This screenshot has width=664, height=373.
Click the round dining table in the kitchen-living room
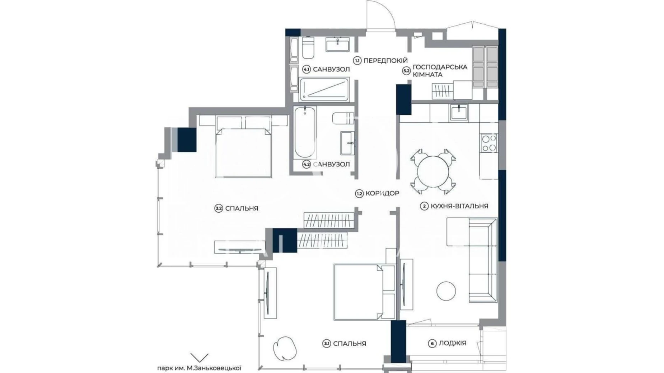tap(433, 171)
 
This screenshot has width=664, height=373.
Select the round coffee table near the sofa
tap(446, 290)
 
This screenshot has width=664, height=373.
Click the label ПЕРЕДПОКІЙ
tap(385, 61)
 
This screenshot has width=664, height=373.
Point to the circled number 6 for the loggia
tap(432, 343)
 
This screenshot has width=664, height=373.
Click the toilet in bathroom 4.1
tap(308, 48)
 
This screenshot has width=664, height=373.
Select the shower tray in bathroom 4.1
tap(324, 89)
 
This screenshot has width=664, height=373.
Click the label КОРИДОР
tap(382, 193)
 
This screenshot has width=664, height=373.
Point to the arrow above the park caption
tap(199, 357)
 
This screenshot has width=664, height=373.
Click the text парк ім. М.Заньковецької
tap(199, 368)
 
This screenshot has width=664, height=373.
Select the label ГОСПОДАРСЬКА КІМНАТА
tap(440, 71)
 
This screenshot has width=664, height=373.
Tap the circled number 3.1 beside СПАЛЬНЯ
tap(326, 344)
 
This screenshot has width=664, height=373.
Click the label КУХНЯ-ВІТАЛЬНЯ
tap(459, 206)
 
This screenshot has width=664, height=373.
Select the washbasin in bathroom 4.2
tap(347, 142)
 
